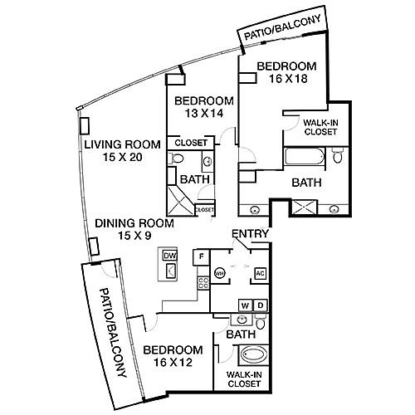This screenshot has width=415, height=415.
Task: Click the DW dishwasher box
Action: (169, 256)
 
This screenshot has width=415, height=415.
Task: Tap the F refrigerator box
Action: (202, 257)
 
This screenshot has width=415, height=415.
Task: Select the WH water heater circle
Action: (220, 273)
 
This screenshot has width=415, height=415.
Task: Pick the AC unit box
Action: (260, 274)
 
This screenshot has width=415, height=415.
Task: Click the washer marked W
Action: (245, 305)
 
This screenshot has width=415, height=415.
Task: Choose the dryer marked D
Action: (261, 305)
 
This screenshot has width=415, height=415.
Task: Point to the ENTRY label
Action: (250, 234)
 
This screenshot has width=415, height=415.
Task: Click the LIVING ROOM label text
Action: (122, 144)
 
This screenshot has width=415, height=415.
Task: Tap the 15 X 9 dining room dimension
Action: (134, 236)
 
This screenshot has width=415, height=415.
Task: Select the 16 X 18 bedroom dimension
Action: (288, 79)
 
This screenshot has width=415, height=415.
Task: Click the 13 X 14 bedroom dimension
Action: (204, 113)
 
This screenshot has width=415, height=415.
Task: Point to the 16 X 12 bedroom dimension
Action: (173, 362)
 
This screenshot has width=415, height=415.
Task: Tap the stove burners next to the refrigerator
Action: (203, 283)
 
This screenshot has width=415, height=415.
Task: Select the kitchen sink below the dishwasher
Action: (171, 271)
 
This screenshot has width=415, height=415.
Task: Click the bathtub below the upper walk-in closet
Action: (304, 156)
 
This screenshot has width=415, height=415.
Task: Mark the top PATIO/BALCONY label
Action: (283, 27)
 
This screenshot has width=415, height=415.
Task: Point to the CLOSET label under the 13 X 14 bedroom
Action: (191, 143)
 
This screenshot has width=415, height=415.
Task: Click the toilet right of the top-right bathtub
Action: (338, 155)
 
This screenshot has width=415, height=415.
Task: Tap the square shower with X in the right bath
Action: (305, 207)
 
